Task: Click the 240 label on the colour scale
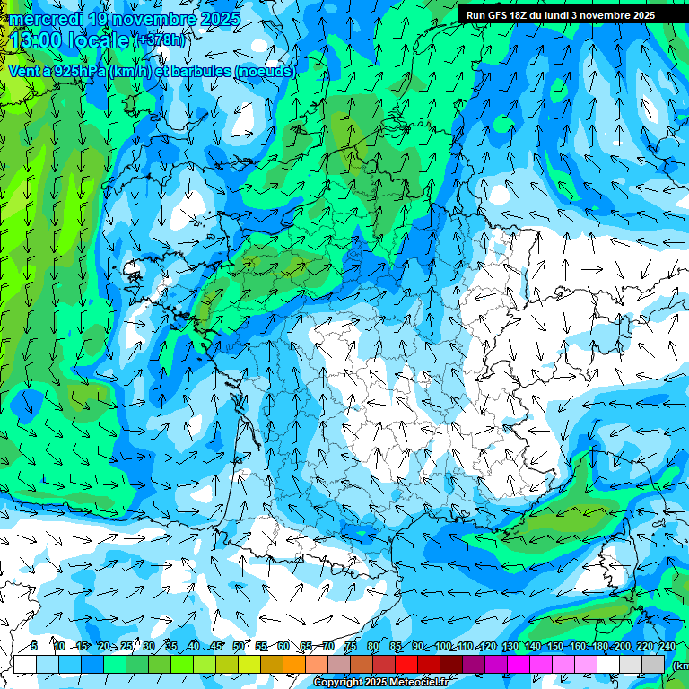[x=667, y=646]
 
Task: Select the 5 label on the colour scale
[x=33, y=646]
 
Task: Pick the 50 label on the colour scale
[x=238, y=646]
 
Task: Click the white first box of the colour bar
[x=25, y=664]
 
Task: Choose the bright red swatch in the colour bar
[x=406, y=664]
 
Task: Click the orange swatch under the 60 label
[x=294, y=664]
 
